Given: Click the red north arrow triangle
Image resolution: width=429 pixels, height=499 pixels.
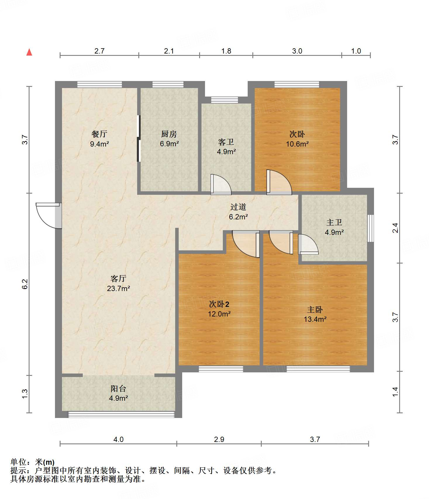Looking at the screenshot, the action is [29, 52].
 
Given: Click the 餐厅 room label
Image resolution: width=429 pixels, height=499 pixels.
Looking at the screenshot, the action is [99, 134].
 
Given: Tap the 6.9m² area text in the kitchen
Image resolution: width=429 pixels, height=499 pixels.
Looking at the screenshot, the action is [169, 144].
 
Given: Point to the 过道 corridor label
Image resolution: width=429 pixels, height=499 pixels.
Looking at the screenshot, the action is [238, 207].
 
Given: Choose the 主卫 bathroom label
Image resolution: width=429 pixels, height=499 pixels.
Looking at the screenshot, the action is [334, 223].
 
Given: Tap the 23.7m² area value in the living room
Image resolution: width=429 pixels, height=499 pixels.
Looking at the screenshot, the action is [118, 288].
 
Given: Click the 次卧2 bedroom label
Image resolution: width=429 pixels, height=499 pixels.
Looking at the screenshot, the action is [219, 304].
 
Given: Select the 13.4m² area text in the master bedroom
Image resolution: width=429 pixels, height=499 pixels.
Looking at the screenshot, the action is [315, 319].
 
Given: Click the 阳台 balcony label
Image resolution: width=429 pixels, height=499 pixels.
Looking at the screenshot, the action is [118, 388].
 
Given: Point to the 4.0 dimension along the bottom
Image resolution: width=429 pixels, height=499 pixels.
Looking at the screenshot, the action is [118, 439].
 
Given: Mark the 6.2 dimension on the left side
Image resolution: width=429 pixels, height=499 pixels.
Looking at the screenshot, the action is [25, 284].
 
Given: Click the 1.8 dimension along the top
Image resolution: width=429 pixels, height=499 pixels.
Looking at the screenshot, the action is [226, 51].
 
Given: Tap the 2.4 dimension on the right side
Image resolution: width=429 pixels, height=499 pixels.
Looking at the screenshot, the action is [395, 228].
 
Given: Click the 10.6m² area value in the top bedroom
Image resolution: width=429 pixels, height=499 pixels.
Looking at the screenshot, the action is [297, 144].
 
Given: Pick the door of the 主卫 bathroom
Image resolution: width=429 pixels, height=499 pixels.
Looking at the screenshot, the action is [308, 244].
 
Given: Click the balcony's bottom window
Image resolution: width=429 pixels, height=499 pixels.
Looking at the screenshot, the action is [121, 414].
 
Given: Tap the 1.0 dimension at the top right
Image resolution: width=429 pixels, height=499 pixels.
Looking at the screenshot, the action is [356, 51].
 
